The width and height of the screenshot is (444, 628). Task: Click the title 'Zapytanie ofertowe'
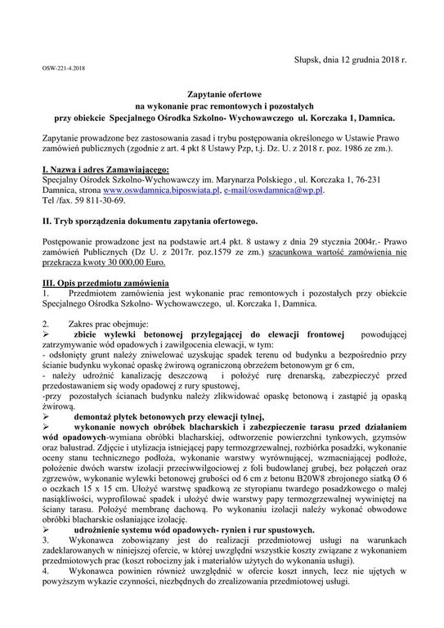(x=222, y=96)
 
